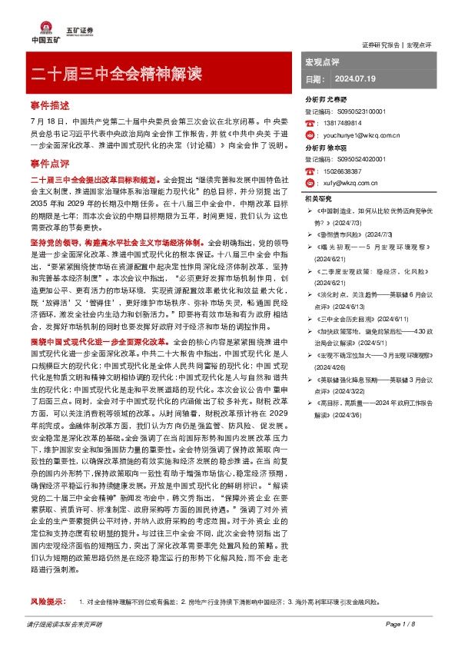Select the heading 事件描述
click(x=49, y=104)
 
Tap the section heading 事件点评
click(x=49, y=164)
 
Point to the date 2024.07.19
click(x=353, y=79)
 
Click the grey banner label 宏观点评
click(x=322, y=60)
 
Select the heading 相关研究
click(x=318, y=198)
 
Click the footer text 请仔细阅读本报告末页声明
click(x=65, y=625)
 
